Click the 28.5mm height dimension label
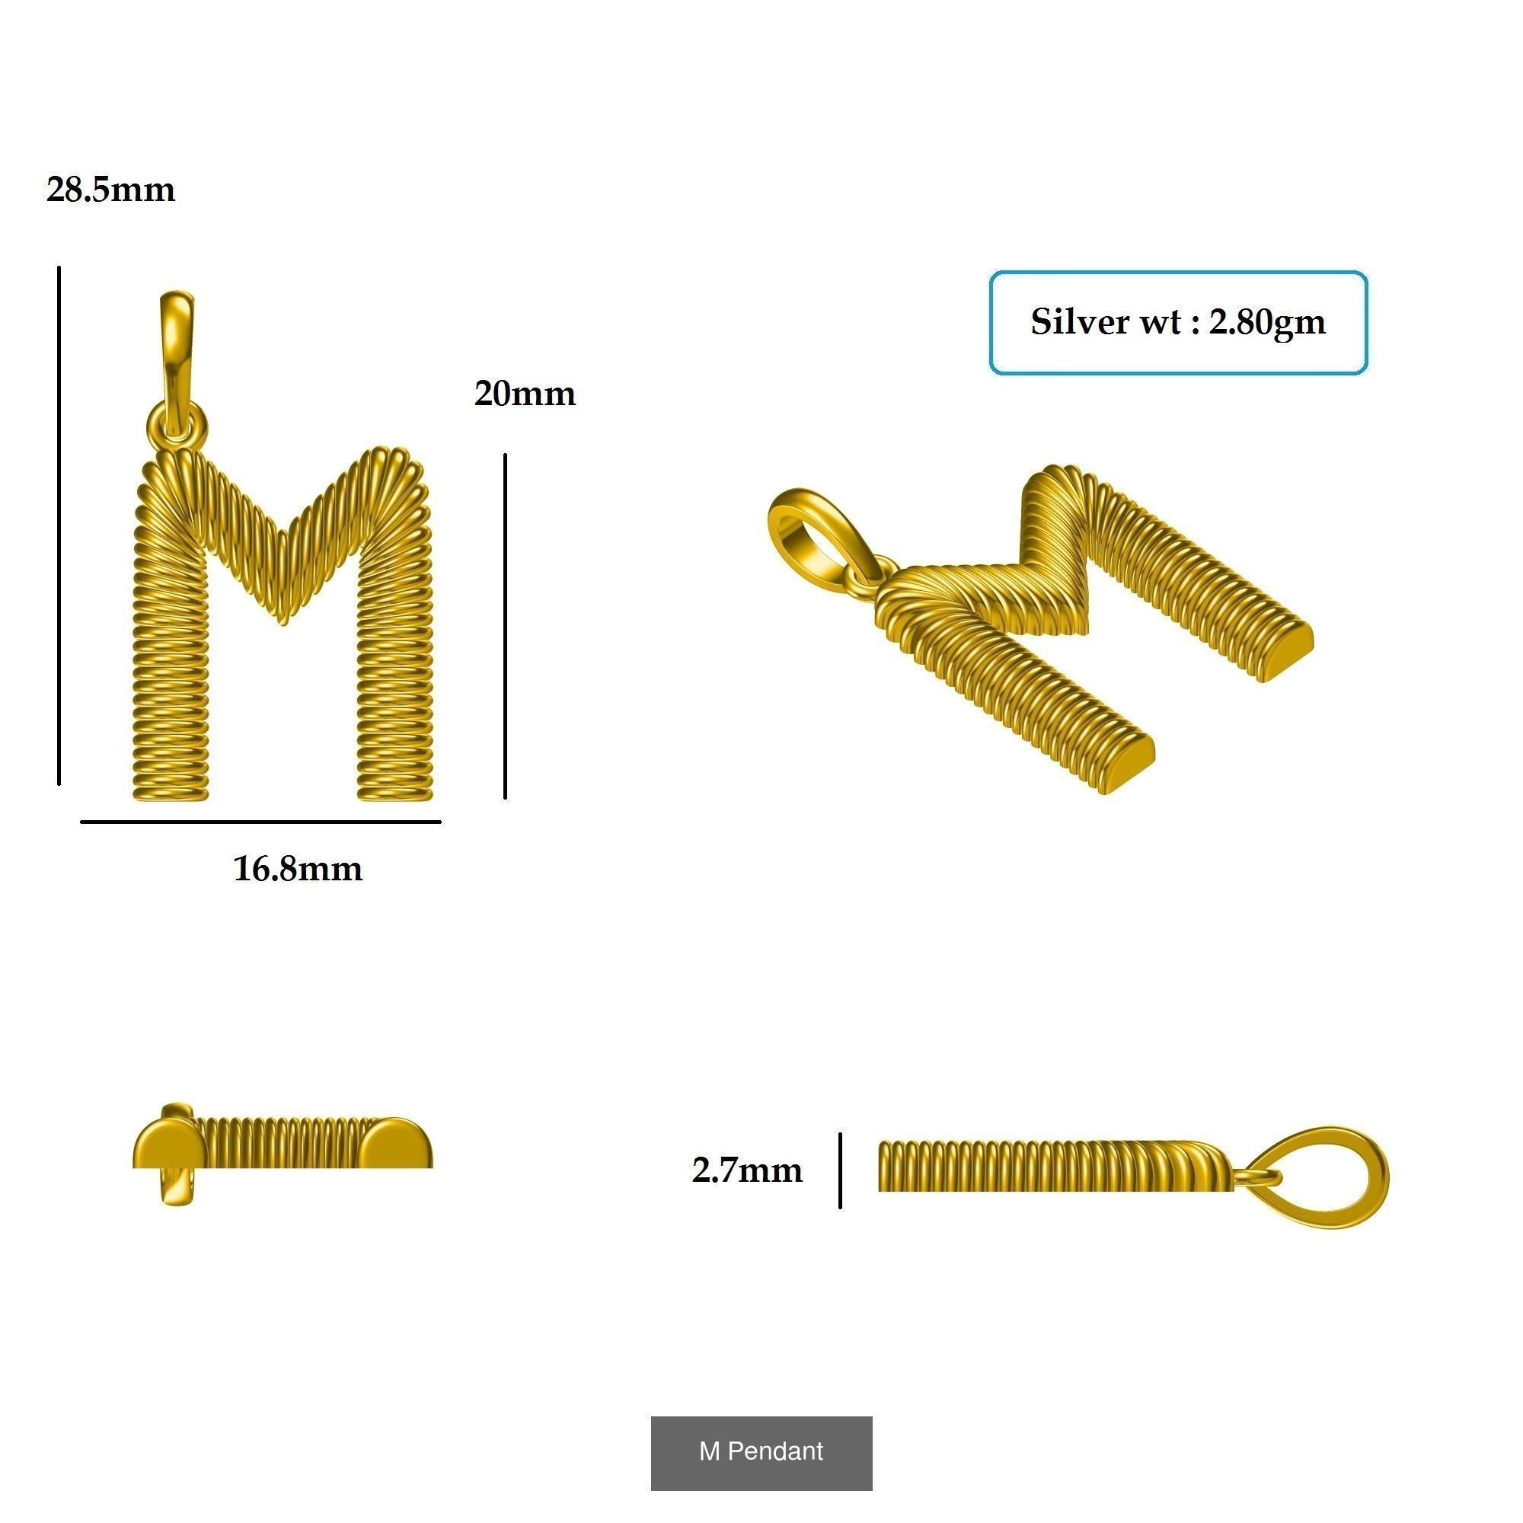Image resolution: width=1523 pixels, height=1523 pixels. (x=110, y=190)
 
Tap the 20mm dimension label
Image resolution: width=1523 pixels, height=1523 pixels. (x=524, y=394)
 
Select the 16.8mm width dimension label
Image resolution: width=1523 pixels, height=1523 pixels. (x=298, y=869)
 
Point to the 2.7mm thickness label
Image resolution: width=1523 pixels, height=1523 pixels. (x=746, y=1170)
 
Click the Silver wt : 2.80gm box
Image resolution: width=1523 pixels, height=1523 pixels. (x=1178, y=322)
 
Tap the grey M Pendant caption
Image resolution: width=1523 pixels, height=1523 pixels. (x=761, y=1451)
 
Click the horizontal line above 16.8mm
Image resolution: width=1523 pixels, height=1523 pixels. (x=260, y=822)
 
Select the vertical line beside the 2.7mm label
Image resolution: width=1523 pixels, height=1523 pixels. (x=841, y=1170)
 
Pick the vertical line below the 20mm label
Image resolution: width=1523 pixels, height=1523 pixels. (x=505, y=626)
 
